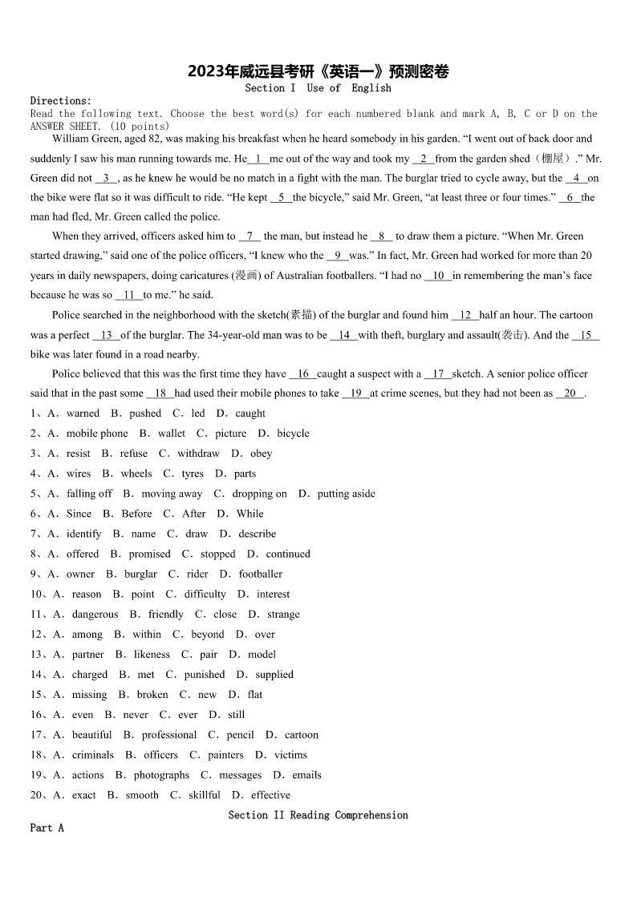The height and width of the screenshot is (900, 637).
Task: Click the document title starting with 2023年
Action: [318, 71]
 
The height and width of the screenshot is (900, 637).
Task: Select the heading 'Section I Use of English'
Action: [318, 88]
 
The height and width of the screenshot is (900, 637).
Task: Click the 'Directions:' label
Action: [61, 101]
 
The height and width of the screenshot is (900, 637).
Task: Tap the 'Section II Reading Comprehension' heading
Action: [318, 815]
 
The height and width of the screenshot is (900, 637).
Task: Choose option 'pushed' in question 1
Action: [145, 414]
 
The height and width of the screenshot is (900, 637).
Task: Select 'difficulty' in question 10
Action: [205, 594]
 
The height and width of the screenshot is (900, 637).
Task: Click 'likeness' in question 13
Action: [152, 654]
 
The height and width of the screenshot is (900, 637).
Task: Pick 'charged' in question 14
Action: [90, 675]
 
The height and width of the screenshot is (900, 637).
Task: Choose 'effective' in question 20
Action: [270, 795]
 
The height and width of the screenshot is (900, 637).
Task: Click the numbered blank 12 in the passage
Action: [465, 316]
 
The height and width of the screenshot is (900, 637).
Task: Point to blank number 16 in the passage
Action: [303, 374]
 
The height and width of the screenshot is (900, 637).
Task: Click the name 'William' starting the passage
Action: [71, 139]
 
